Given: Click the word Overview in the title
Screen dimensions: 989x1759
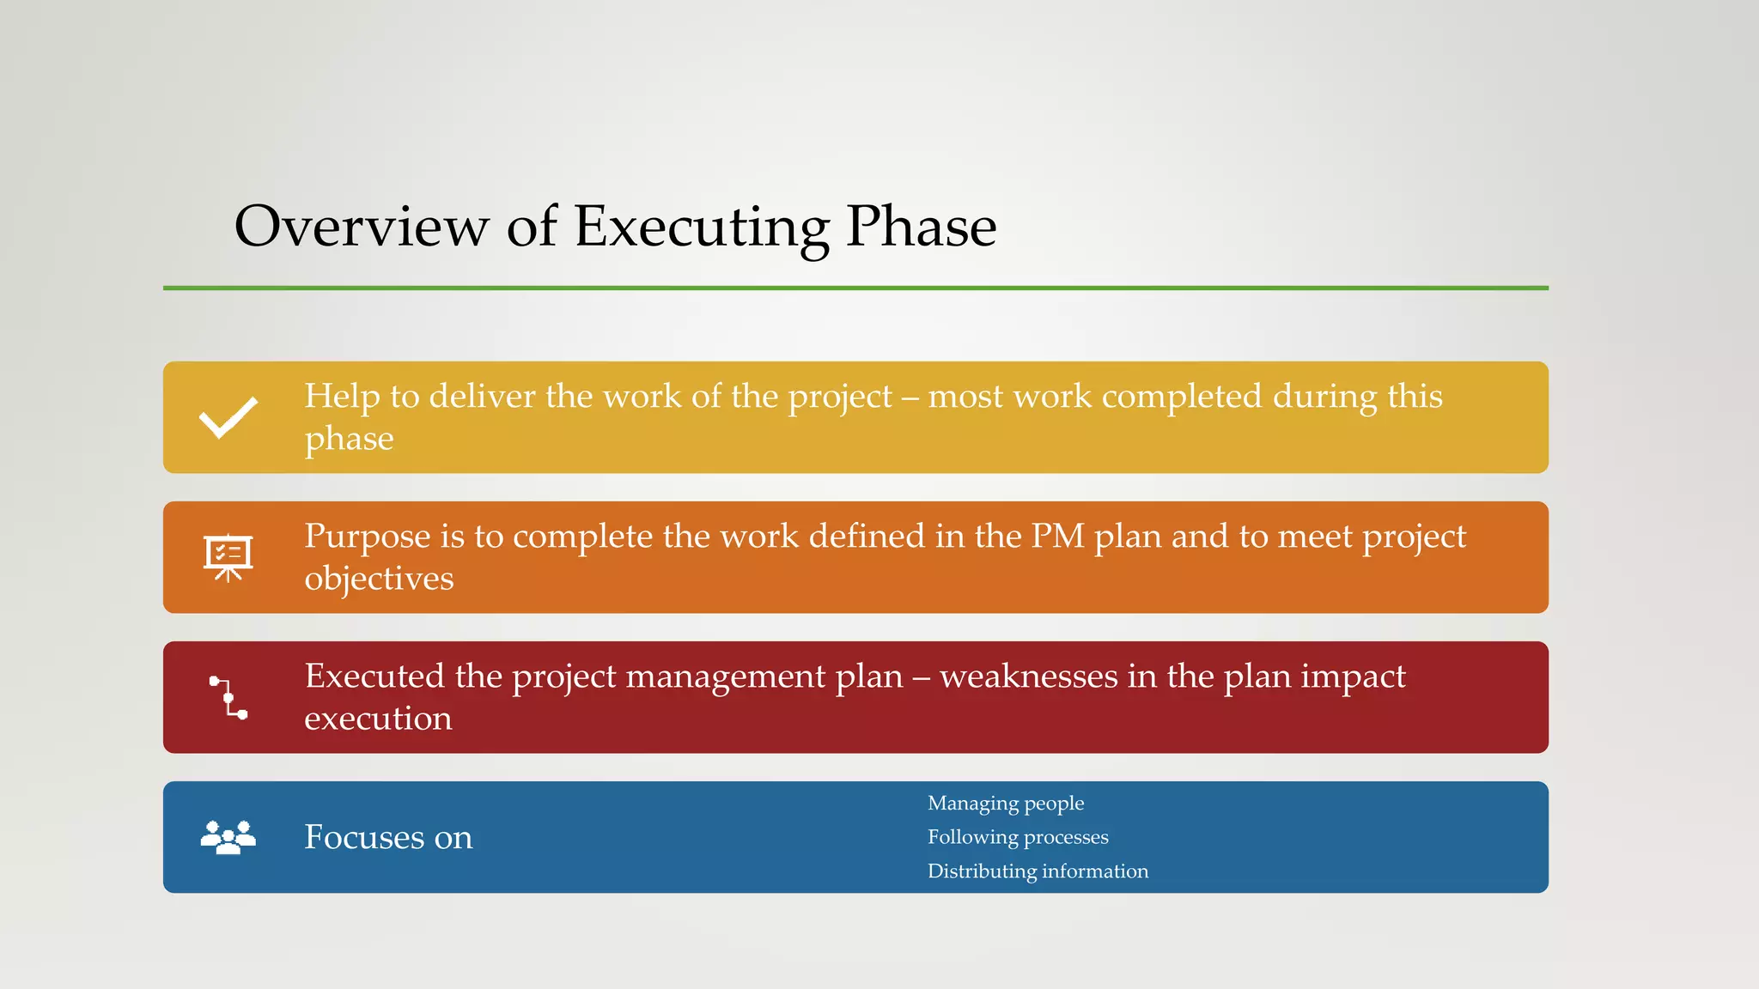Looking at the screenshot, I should (361, 227).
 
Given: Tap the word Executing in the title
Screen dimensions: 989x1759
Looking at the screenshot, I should (701, 228).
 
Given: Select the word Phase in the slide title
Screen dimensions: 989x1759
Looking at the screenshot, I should (921, 227).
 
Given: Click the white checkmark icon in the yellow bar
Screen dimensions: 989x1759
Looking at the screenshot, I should (228, 418).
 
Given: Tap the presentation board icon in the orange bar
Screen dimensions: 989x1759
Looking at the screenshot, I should (228, 557).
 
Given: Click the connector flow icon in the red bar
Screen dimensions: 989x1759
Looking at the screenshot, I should (228, 697).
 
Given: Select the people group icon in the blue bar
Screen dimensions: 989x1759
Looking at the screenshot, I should (228, 837).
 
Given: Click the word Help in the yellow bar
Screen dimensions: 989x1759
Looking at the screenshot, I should (342, 396).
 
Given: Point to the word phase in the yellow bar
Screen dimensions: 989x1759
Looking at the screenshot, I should (349, 440).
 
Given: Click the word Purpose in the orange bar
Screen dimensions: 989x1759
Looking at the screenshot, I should (367, 537).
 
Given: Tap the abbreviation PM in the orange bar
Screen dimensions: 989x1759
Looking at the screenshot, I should (1057, 536).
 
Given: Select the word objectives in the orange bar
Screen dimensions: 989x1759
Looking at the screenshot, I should (379, 579).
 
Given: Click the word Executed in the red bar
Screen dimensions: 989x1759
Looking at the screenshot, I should (374, 677).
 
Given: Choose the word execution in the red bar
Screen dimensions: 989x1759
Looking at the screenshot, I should (378, 719).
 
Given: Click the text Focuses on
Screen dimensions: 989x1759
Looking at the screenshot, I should (388, 837).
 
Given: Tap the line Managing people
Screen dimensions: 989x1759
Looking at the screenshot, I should (1005, 804).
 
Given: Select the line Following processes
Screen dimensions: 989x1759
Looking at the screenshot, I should (1017, 837).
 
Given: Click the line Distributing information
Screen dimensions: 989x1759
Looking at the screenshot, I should (1037, 871).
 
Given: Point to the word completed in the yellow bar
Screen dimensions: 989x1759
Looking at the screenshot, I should (1181, 397).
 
